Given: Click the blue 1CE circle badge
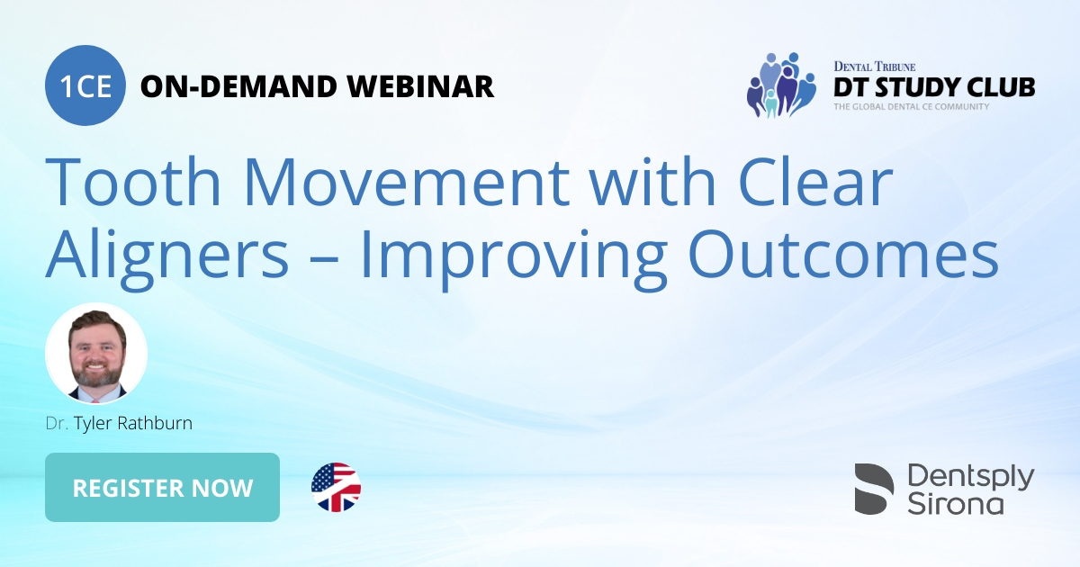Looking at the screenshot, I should [x=85, y=86].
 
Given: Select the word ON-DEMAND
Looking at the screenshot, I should [x=238, y=86].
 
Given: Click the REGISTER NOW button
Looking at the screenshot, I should [x=162, y=488].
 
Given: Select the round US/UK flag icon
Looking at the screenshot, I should [x=336, y=488].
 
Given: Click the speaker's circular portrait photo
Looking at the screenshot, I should [x=96, y=353].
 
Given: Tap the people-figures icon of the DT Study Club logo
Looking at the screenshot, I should [x=780, y=85].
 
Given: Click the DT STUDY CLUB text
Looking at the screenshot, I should [x=934, y=87].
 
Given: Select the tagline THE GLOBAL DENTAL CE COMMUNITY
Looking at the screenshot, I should [x=911, y=107].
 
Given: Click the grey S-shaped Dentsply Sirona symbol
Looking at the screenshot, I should [x=874, y=489].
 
